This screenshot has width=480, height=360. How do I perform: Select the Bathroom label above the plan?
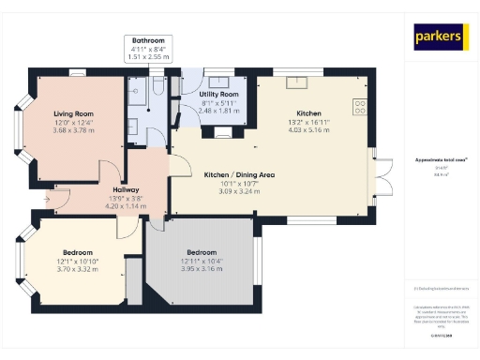pyautogui.click(x=148, y=41)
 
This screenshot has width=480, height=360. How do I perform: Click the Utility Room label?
pyautogui.click(x=219, y=96)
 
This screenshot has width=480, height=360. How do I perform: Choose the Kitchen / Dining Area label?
pyautogui.click(x=239, y=175)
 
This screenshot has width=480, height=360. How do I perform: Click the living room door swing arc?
pyautogui.click(x=109, y=171)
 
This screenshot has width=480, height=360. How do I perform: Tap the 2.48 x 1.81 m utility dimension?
pyautogui.click(x=219, y=111)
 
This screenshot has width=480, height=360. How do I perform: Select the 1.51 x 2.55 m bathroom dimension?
pyautogui.click(x=148, y=57)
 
